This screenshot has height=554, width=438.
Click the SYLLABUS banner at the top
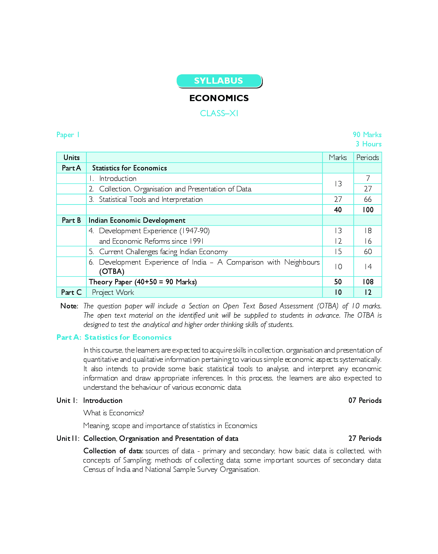pos(219,81)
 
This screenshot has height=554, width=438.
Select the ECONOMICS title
pos(219,98)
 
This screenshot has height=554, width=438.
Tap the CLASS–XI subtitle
pos(219,113)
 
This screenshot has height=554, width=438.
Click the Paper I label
pos(68,135)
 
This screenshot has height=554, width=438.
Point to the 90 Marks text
pos(367,134)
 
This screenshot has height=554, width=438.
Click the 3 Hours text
pos(368,144)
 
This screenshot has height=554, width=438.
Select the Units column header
pos(71,157)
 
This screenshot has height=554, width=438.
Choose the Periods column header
pos(367,157)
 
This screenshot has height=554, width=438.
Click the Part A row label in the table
pos(71,168)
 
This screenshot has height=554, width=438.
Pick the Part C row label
pos(71,292)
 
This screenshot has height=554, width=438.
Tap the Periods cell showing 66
pos(367,199)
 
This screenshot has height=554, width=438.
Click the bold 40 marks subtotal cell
pos(338,210)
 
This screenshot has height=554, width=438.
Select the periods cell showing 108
pos(367,282)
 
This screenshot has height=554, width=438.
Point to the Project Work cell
pos(113,292)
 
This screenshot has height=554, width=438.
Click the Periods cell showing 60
pos(367,251)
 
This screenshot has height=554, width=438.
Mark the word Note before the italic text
pos(69,306)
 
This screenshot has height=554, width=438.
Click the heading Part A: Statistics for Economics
pos(114,337)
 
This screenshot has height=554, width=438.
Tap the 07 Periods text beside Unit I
pos(365,400)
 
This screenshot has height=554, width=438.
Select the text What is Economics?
pos(114,413)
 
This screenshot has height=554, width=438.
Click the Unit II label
pos(68,438)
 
